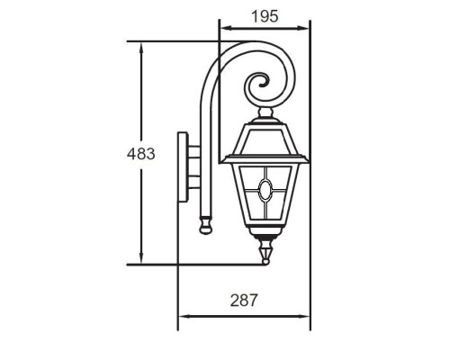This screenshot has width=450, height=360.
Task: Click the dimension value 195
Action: pos(265,16)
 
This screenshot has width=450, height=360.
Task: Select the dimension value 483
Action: pos(140,154)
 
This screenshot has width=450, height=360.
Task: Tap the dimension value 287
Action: pos(244,301)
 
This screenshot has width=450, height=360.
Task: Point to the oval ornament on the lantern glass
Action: pos(265,190)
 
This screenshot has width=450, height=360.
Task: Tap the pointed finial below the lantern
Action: pos(265,251)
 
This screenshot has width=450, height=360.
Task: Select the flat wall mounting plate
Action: pos(183,166)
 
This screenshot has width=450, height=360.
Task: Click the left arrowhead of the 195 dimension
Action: pos(226,28)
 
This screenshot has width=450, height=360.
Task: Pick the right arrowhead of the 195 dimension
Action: pos(303,28)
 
